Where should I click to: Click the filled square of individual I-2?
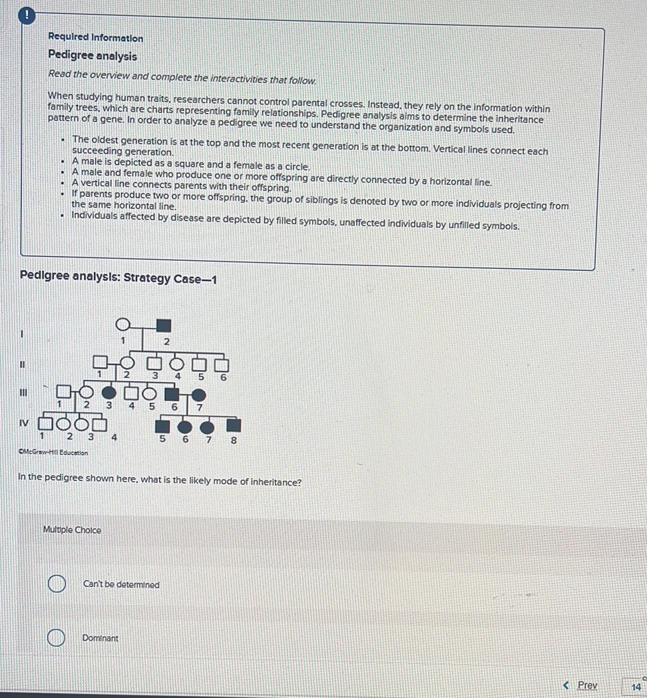point(163,325)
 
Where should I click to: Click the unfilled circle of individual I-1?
point(122,325)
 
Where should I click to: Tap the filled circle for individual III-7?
point(198,396)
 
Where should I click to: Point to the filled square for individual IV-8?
point(232,425)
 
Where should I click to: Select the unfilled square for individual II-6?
point(222,365)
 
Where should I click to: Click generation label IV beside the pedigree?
point(23,422)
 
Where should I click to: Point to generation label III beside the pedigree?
point(22,393)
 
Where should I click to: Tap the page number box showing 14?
point(635,686)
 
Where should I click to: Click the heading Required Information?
point(95,39)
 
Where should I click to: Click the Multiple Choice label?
point(72,530)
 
